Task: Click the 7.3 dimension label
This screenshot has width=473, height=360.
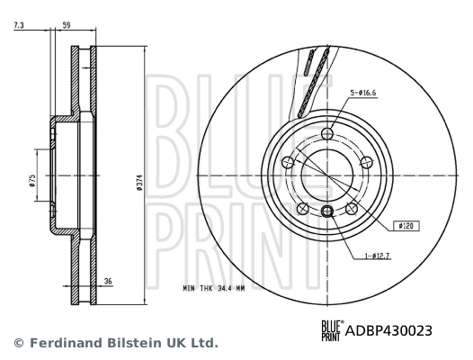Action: (19, 25)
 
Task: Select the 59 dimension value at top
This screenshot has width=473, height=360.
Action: (66, 25)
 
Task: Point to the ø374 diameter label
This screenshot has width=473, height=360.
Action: (139, 182)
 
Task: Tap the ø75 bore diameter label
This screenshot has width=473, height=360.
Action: (32, 181)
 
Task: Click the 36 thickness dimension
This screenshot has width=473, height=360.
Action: (108, 281)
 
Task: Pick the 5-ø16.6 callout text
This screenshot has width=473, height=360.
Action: (363, 93)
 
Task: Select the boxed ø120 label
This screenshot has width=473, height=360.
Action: (406, 226)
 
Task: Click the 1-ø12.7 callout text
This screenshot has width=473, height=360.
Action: (377, 256)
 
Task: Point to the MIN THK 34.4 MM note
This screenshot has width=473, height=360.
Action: (214, 288)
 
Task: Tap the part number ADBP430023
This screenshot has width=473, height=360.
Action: (388, 330)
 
